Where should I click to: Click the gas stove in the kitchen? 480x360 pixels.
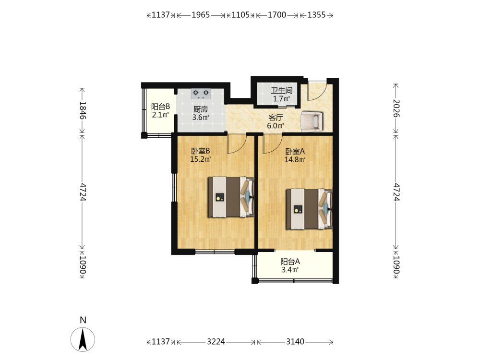[201, 94]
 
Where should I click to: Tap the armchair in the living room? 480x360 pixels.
[312, 121]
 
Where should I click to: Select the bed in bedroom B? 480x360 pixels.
[231, 197]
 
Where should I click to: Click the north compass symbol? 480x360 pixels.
[83, 339]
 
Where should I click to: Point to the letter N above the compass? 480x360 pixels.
[83, 320]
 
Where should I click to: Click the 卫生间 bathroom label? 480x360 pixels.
[282, 90]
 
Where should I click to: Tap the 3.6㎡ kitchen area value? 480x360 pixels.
[201, 117]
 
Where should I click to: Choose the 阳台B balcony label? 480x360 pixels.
[160, 107]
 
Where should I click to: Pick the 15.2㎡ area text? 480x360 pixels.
[201, 159]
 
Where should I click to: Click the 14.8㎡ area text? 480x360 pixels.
[295, 159]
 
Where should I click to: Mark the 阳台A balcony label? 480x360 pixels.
[290, 262]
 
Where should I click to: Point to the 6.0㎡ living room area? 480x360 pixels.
[275, 125]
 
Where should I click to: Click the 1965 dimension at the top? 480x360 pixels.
[201, 15]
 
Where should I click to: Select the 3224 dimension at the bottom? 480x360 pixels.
[216, 341]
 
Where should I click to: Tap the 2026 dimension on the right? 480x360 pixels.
[396, 108]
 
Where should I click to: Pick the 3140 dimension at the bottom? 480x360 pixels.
[295, 341]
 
